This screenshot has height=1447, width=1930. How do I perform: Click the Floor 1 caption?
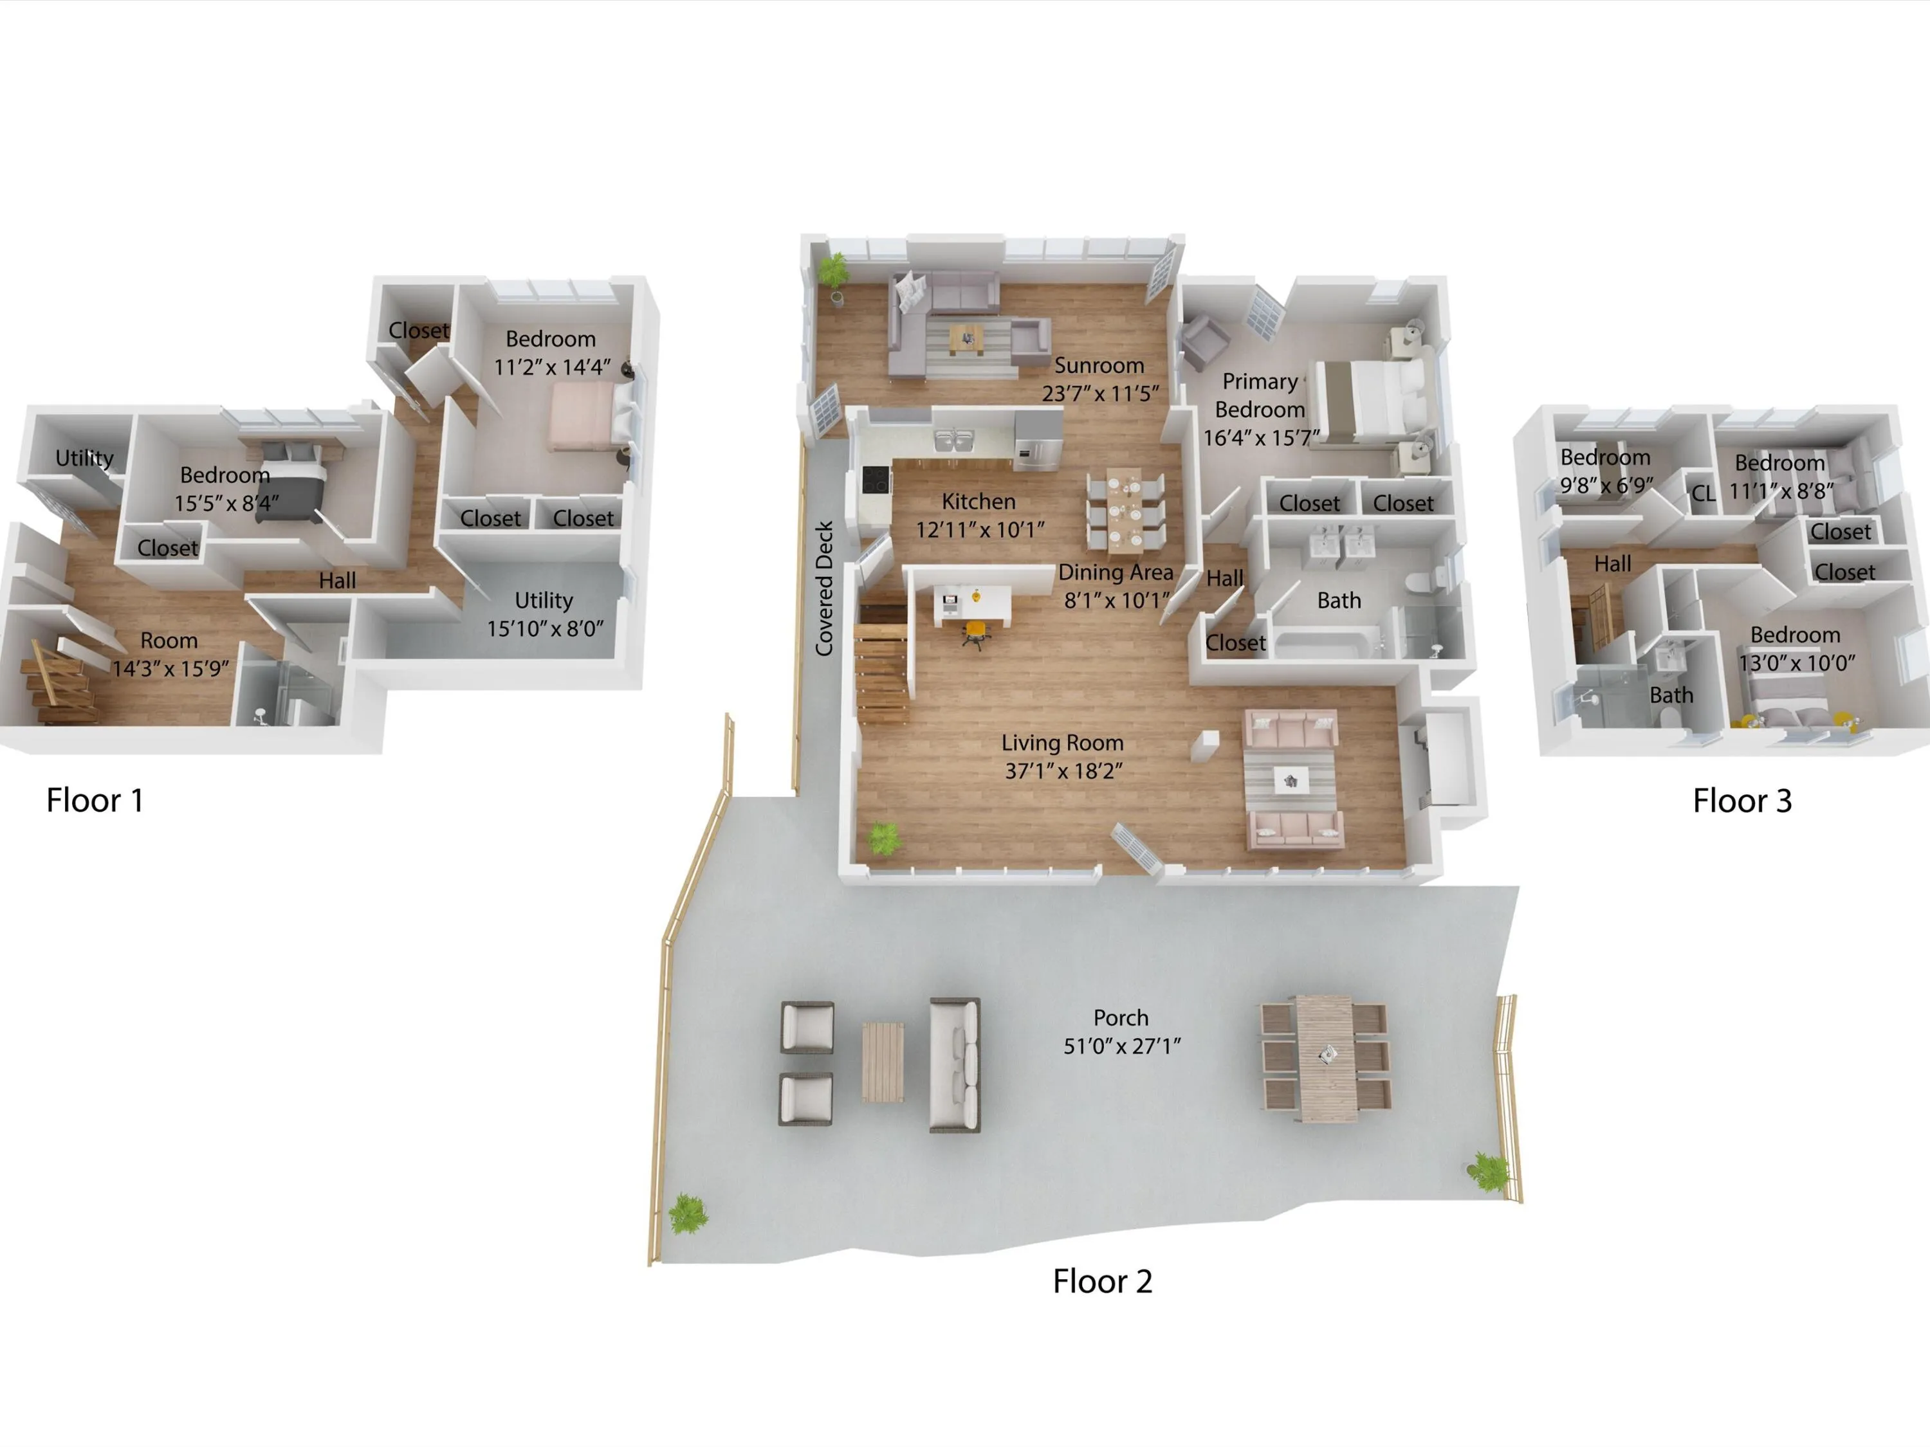(x=94, y=800)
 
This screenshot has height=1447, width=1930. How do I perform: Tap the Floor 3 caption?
(x=1742, y=801)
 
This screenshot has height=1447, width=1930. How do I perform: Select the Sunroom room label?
(x=1099, y=365)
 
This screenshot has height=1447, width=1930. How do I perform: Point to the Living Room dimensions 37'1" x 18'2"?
(x=1063, y=771)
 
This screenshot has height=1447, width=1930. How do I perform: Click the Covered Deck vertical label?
(x=823, y=588)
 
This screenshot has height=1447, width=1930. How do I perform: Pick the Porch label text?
(x=1121, y=1018)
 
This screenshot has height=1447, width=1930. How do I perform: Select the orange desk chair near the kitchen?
(x=977, y=633)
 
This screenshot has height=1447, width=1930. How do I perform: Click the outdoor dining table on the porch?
(x=1325, y=1057)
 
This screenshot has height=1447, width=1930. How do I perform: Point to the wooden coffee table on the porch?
(x=883, y=1062)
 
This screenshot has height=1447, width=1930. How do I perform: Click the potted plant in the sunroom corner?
(x=834, y=274)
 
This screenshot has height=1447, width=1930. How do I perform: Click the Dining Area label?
(x=1116, y=572)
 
